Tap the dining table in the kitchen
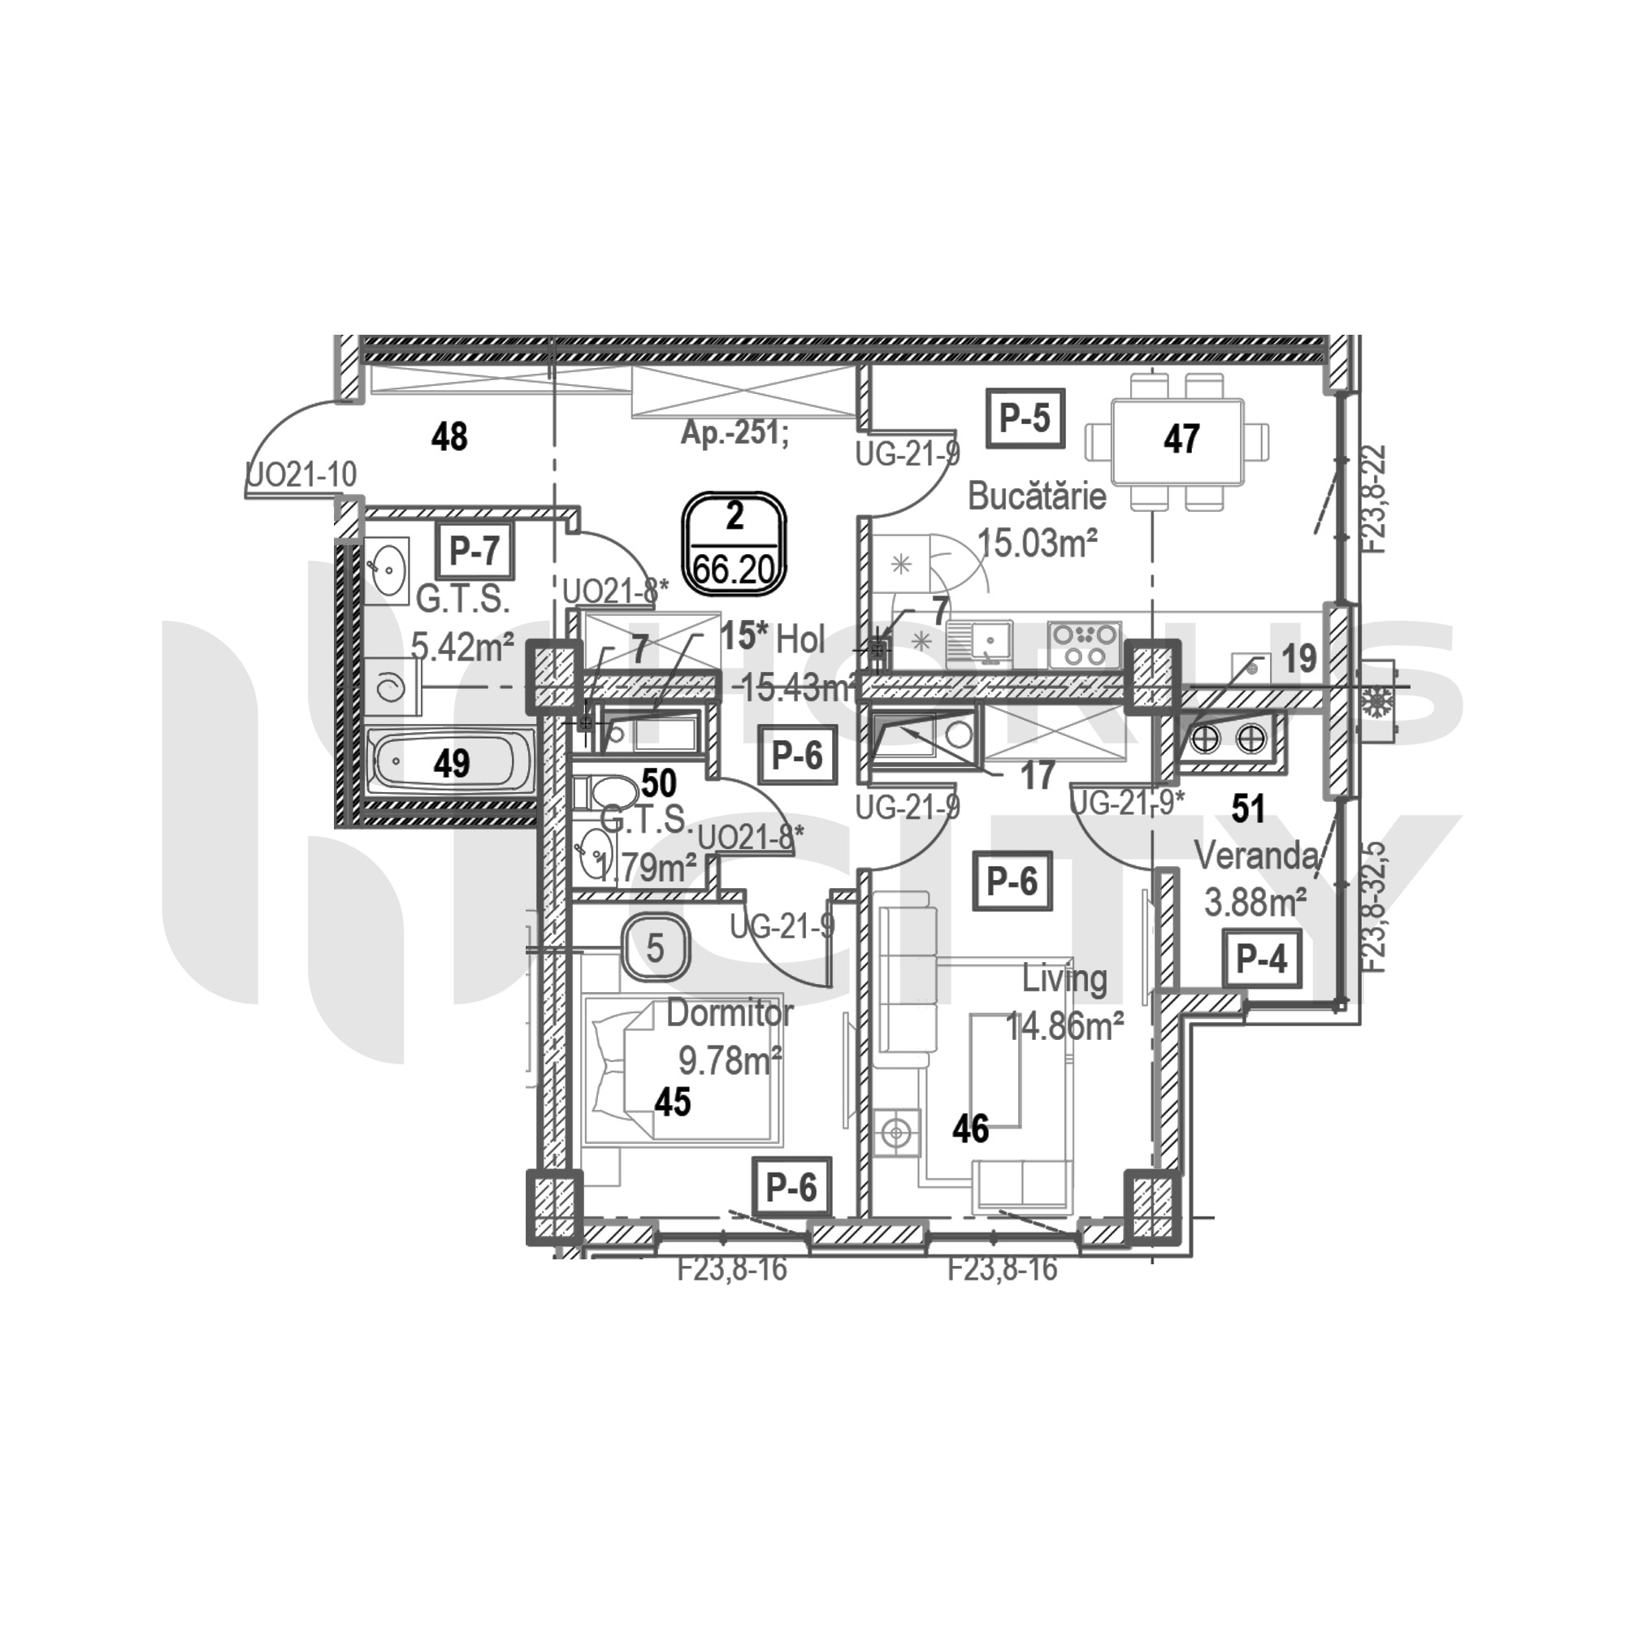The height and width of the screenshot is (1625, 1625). [1176, 439]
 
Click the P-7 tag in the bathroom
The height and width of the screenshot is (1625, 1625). [474, 552]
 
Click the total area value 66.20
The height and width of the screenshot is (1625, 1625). [734, 570]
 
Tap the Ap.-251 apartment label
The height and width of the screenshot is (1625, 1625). [735, 434]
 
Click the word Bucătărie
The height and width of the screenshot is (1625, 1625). [1036, 496]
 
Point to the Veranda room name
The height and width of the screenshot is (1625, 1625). [1256, 856]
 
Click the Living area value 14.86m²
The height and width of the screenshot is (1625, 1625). [1065, 1026]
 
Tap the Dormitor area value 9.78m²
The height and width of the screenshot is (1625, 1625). [730, 1061]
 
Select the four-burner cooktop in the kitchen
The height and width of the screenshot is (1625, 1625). [1085, 644]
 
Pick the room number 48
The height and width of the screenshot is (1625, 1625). [449, 437]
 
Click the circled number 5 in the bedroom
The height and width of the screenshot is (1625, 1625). [655, 949]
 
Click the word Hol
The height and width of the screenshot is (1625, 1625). [801, 640]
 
